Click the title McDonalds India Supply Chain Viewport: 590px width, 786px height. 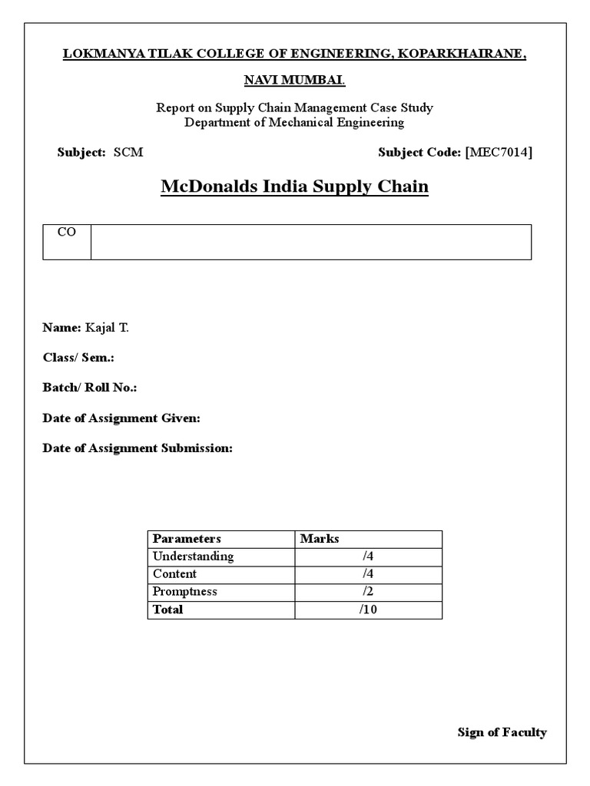point(294,187)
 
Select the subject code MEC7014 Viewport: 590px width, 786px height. point(499,152)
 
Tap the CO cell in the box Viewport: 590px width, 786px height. point(67,233)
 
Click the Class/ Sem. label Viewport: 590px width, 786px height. point(78,358)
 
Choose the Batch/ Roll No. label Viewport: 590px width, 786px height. point(89,388)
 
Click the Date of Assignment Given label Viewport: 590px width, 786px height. point(121,418)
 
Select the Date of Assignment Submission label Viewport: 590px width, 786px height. point(137,448)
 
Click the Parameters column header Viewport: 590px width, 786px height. point(187,539)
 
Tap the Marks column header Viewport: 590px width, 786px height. point(320,539)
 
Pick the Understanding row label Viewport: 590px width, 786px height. point(193,556)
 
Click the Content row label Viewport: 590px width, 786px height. point(174,574)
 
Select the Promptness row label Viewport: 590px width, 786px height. point(184,592)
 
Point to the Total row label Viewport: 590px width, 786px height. point(168,609)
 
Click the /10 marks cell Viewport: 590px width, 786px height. point(368,609)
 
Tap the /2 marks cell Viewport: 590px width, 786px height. point(368,592)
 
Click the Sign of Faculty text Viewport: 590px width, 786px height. point(502,732)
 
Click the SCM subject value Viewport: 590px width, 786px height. point(128,152)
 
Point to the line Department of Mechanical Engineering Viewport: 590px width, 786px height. point(294,122)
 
